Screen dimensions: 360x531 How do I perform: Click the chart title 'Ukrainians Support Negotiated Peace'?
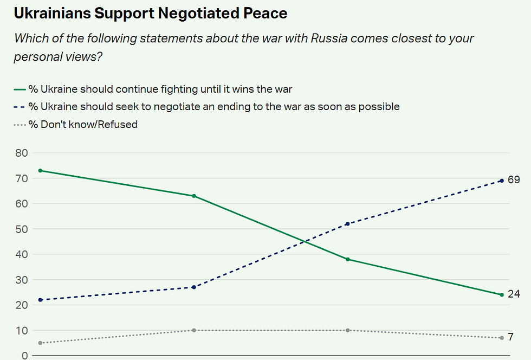(x=150, y=14)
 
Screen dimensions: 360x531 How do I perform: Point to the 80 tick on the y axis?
(x=21, y=153)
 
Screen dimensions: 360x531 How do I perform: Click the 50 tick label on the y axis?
(x=21, y=229)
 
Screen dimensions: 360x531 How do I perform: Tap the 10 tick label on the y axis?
(x=21, y=330)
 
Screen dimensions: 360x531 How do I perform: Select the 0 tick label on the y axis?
(x=24, y=355)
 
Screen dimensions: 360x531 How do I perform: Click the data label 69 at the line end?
(x=514, y=179)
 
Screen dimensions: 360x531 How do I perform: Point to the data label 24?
(x=514, y=294)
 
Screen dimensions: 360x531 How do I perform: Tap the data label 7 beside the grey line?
(x=511, y=337)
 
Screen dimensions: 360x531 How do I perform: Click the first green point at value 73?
(x=40, y=171)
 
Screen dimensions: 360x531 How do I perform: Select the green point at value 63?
(x=194, y=196)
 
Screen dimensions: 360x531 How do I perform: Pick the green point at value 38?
(x=347, y=259)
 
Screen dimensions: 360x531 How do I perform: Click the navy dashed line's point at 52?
(x=347, y=224)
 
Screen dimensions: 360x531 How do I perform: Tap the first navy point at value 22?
(x=40, y=300)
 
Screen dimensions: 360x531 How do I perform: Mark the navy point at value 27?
(x=194, y=287)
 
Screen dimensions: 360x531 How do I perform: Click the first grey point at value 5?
(x=40, y=343)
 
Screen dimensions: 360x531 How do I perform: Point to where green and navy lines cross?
(x=306, y=242)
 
